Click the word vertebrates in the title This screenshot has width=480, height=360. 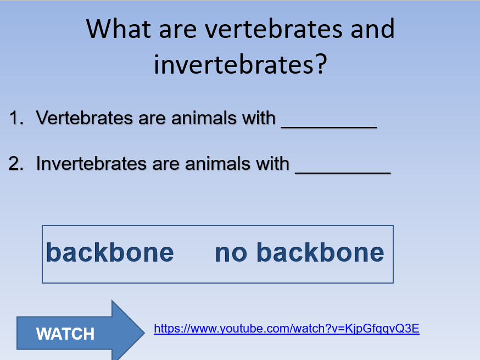(x=274, y=29)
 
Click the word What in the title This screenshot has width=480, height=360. (x=119, y=29)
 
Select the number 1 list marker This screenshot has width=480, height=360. (x=16, y=118)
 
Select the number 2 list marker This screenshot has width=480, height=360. (x=16, y=163)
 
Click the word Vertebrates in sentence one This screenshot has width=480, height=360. (x=84, y=118)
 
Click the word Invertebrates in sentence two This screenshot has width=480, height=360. (x=92, y=163)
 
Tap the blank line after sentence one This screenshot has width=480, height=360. (x=329, y=127)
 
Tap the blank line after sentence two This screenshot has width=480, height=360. (x=343, y=173)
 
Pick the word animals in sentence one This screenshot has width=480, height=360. (x=204, y=118)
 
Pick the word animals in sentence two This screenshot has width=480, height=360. (x=217, y=163)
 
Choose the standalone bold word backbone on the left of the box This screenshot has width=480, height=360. (x=110, y=252)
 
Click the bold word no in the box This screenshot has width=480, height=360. (x=231, y=254)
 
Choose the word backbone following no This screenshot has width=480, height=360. (x=320, y=252)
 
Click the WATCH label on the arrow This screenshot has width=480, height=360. (x=65, y=334)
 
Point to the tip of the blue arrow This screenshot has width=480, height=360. (x=144, y=332)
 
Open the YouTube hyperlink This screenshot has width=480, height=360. (x=287, y=329)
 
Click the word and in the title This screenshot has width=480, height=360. (x=372, y=29)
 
